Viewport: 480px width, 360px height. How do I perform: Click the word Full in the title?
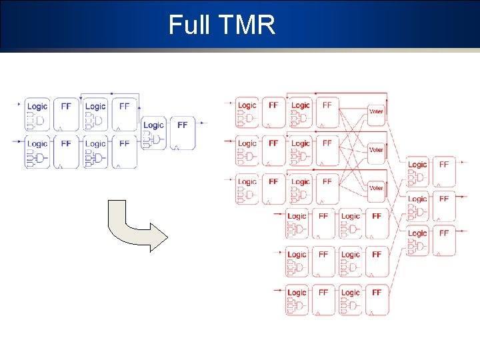tap(189, 25)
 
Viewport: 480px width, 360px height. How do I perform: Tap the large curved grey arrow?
tap(137, 227)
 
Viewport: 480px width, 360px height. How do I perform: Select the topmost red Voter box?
tap(376, 111)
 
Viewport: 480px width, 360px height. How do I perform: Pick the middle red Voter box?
tap(376, 150)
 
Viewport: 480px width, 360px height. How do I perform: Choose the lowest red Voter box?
tap(376, 188)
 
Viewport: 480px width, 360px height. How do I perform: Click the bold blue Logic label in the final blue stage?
tap(153, 125)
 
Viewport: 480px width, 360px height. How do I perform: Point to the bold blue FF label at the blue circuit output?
tap(182, 125)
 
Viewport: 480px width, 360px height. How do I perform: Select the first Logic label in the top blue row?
tap(37, 106)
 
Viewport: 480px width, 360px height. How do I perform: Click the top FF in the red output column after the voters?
tap(444, 164)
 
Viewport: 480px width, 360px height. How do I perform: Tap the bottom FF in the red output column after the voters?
tap(444, 233)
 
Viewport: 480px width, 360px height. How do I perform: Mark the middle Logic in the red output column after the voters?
tap(417, 199)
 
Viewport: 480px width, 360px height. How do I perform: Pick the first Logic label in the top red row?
tap(247, 105)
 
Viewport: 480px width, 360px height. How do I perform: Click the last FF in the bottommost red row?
tap(377, 292)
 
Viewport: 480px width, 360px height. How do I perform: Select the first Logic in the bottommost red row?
tap(297, 292)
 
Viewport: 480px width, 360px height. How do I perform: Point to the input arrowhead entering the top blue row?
tap(19, 103)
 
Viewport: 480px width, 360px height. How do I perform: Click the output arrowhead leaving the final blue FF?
tap(204, 123)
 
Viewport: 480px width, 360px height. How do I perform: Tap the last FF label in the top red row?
tap(327, 105)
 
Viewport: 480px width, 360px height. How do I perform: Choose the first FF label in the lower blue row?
tap(66, 143)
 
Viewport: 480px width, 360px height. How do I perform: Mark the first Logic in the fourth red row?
tap(297, 216)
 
